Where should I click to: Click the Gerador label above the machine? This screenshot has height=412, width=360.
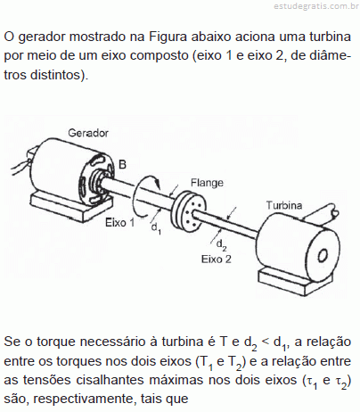[88, 133]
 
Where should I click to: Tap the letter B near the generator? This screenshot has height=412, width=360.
[122, 164]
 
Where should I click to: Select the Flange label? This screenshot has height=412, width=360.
[207, 183]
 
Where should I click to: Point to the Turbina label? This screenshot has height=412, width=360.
[284, 205]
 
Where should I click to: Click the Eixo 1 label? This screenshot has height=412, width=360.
[119, 222]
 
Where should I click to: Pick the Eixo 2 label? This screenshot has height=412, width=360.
[216, 260]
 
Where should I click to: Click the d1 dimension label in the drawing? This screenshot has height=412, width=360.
[156, 228]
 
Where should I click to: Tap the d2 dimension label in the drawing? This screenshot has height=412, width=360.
[221, 245]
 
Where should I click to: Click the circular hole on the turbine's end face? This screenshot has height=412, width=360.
[323, 255]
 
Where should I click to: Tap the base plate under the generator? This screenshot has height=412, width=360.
[71, 205]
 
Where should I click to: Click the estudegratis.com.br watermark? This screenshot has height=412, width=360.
[316, 6]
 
